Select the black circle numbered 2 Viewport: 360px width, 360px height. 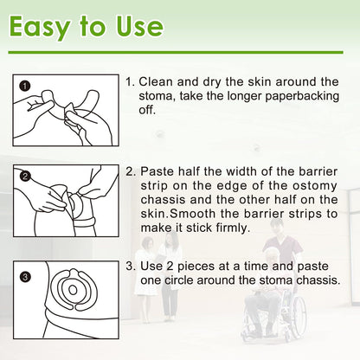coord(25,177)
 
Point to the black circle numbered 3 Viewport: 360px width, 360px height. coord(25,277)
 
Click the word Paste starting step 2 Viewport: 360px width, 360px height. coord(160,173)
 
